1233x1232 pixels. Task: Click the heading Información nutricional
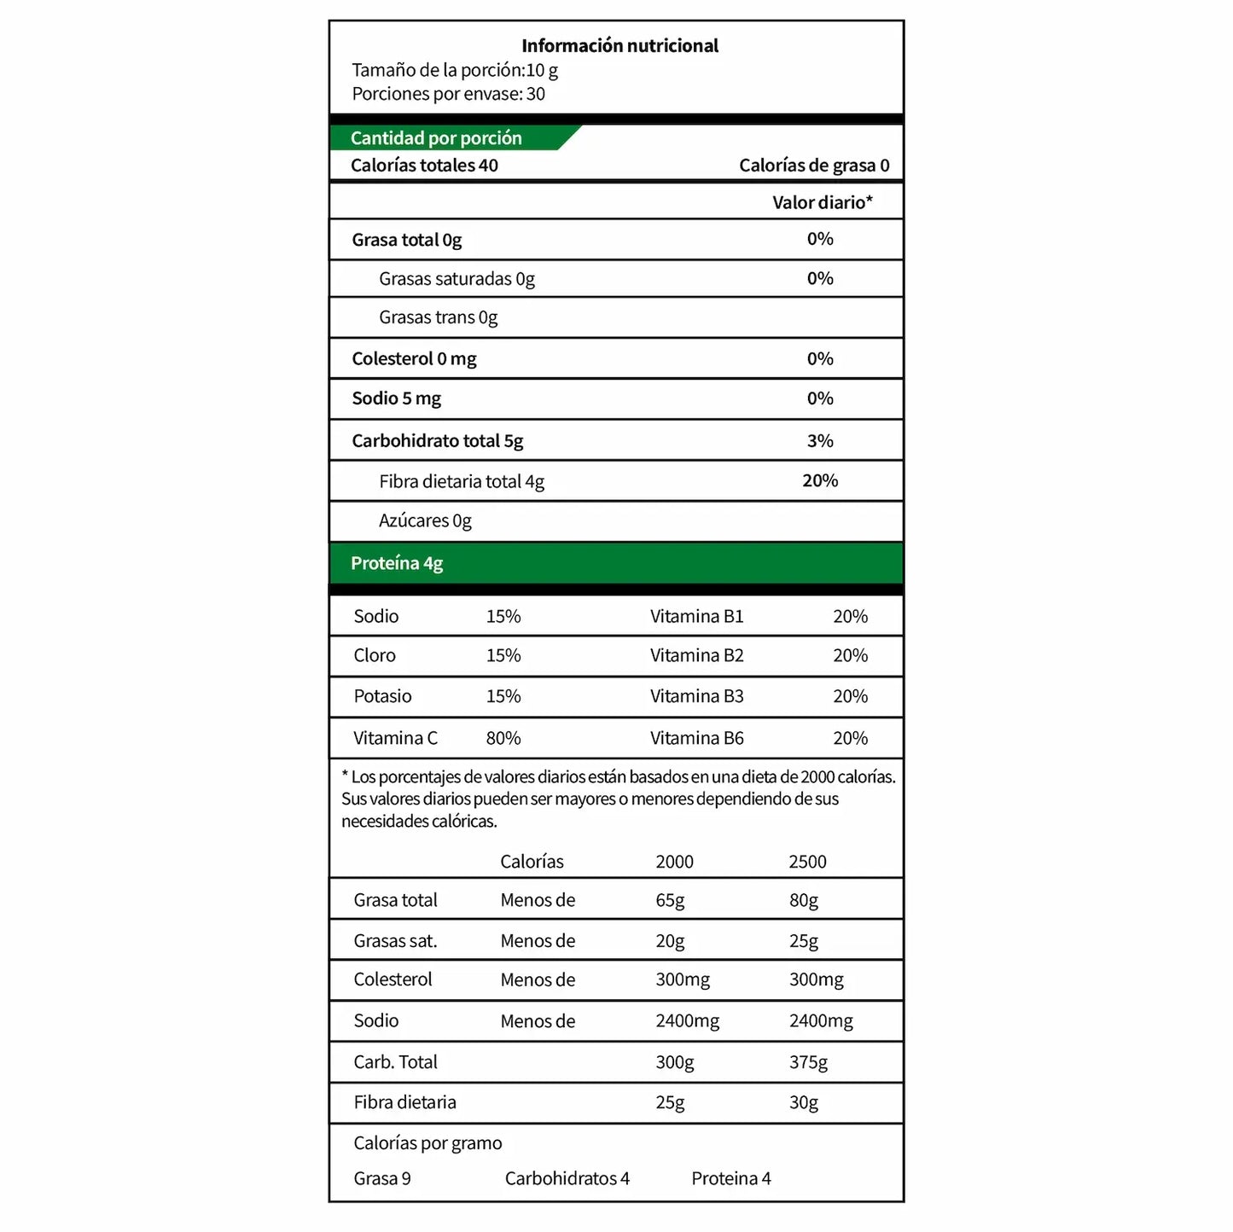point(619,46)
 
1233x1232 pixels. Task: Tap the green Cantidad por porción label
point(436,138)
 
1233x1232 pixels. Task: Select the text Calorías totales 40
point(424,166)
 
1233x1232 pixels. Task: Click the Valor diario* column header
point(822,202)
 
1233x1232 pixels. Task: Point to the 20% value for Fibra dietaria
point(820,481)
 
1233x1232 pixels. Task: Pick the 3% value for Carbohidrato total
point(820,441)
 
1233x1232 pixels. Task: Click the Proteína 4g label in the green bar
point(397,563)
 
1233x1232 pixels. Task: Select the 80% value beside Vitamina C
point(503,738)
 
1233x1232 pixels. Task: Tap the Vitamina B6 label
point(696,738)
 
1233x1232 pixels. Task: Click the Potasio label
point(382,696)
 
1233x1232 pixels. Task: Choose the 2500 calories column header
point(807,862)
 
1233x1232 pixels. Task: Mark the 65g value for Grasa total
point(670,900)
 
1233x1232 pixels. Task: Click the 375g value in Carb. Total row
point(808,1062)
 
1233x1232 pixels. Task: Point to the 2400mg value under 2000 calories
point(687,1021)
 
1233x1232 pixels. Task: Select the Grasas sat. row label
point(395,941)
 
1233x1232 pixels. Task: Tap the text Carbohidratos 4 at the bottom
point(567,1178)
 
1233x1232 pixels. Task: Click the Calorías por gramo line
point(427,1143)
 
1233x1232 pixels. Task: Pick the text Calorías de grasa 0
point(814,166)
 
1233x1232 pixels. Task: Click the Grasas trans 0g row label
point(438,317)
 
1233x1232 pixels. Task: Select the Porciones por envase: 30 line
point(448,94)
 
